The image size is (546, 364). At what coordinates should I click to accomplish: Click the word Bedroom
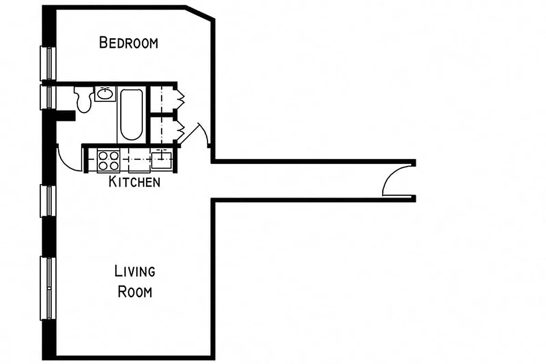(x=129, y=43)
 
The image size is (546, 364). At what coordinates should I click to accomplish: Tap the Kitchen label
(x=135, y=182)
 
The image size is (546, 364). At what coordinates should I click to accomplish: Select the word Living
(x=135, y=272)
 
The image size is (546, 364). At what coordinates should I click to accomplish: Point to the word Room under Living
(x=135, y=291)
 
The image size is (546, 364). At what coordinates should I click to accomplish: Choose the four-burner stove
(x=108, y=161)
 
